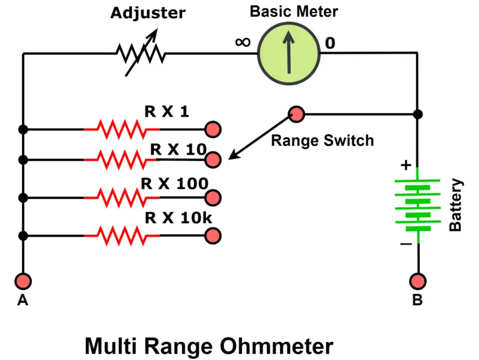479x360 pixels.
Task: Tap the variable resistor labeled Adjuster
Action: pos(140,55)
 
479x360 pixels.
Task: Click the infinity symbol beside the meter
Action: pos(243,42)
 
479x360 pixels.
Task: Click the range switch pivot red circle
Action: pos(296,114)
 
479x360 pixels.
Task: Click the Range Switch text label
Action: pos(322,140)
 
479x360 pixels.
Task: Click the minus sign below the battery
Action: pos(405,244)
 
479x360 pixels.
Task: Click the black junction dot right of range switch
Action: pos(418,114)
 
